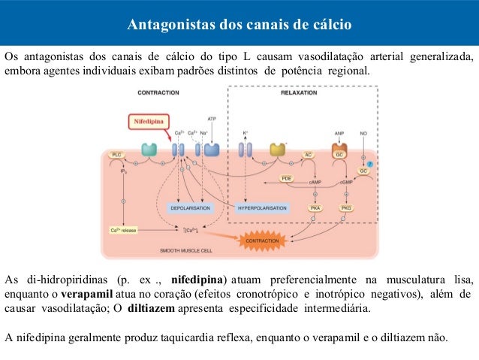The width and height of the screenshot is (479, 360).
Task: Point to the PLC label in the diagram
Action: click(116, 154)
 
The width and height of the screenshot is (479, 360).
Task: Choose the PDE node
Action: click(286, 178)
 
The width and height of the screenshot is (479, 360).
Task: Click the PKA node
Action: click(316, 207)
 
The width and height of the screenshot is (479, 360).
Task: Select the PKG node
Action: click(346, 207)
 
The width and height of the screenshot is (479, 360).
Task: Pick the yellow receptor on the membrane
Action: click(278, 149)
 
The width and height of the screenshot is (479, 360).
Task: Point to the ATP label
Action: click(212, 119)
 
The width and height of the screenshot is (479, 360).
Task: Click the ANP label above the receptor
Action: click(339, 133)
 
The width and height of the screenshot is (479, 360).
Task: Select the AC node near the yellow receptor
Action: click(308, 154)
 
